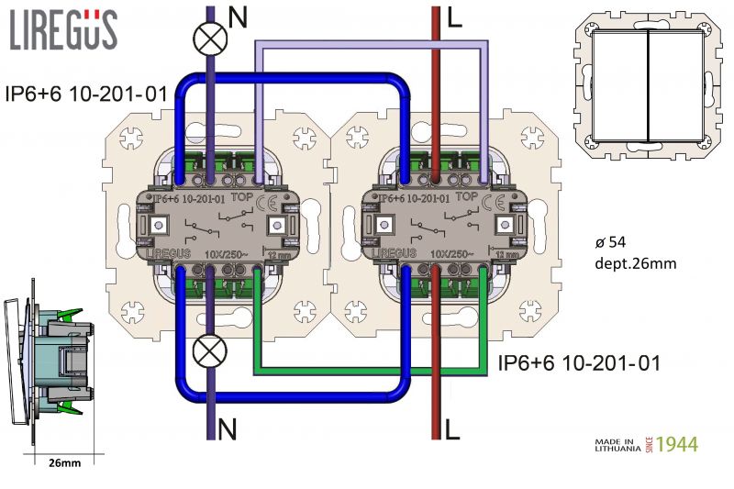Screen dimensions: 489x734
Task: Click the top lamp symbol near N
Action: point(210,39)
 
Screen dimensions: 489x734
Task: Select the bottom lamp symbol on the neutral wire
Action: point(211,352)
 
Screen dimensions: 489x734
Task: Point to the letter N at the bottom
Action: point(228,428)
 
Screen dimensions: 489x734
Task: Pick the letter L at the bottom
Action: point(450,428)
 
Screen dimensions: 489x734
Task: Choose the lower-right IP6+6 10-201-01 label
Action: point(578,363)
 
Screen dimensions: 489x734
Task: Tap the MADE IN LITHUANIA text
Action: point(620,445)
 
